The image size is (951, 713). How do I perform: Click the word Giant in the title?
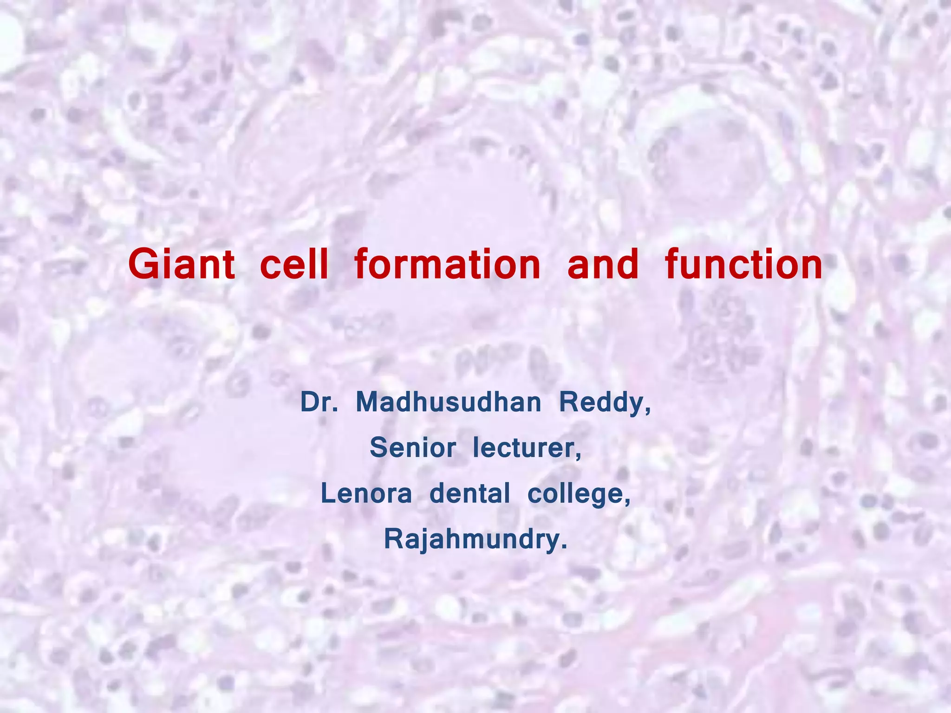(x=182, y=264)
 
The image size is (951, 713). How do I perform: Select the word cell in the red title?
(x=294, y=264)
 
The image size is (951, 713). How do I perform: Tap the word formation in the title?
(x=448, y=264)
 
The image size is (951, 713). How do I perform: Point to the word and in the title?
(x=603, y=264)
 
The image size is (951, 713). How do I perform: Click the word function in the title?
(x=743, y=264)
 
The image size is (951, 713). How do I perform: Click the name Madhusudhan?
(x=449, y=402)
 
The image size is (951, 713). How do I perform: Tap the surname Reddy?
(x=602, y=403)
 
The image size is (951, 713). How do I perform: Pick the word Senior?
(x=412, y=448)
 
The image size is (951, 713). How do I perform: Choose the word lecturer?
(x=526, y=448)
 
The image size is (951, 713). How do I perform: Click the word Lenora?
(x=366, y=493)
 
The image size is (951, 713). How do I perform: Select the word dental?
(x=470, y=493)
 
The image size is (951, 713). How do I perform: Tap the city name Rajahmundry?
(x=472, y=540)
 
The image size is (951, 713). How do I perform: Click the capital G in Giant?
(x=141, y=264)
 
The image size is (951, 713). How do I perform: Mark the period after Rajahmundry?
(x=564, y=547)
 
